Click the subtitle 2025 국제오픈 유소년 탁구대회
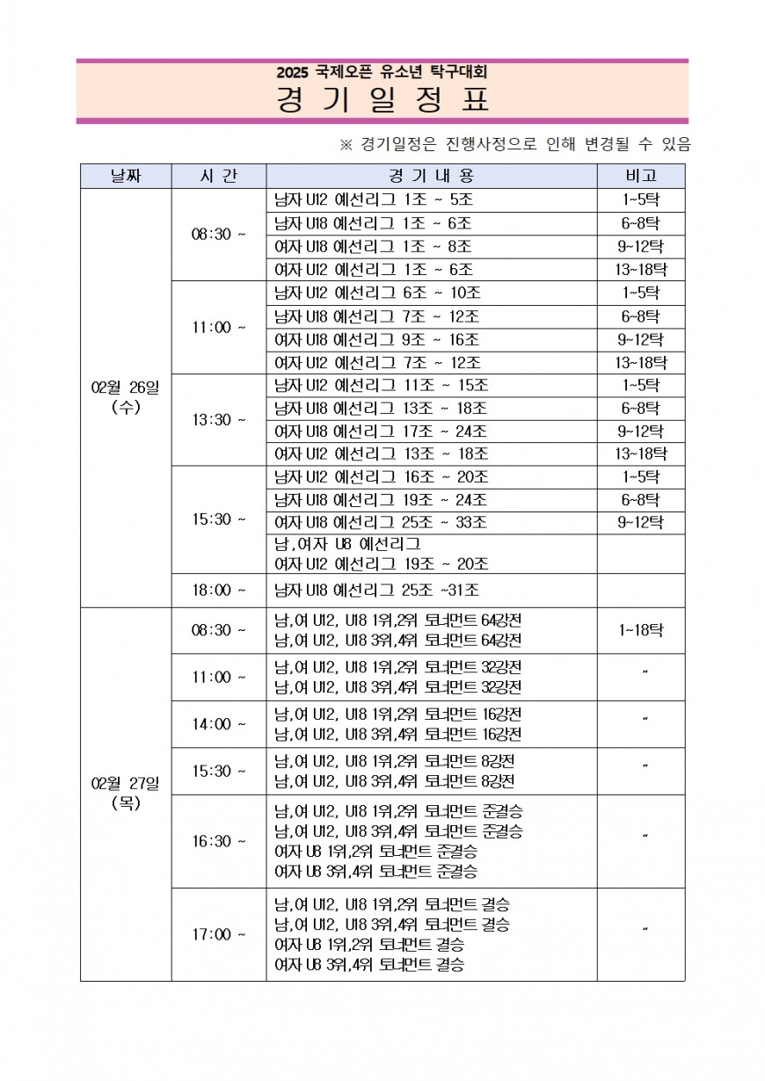click(382, 72)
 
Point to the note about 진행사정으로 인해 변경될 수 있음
click(514, 144)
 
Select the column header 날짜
click(126, 176)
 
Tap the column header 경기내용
click(431, 176)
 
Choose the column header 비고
click(641, 176)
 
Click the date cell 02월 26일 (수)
click(126, 396)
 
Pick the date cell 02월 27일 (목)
click(126, 792)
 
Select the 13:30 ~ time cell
click(219, 419)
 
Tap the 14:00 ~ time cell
click(219, 724)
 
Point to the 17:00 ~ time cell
click(219, 934)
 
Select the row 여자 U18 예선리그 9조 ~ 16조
click(377, 339)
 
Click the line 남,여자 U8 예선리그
click(347, 544)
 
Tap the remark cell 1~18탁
click(641, 630)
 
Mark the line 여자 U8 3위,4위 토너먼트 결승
click(369, 965)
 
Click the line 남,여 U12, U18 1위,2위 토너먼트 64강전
click(398, 620)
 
